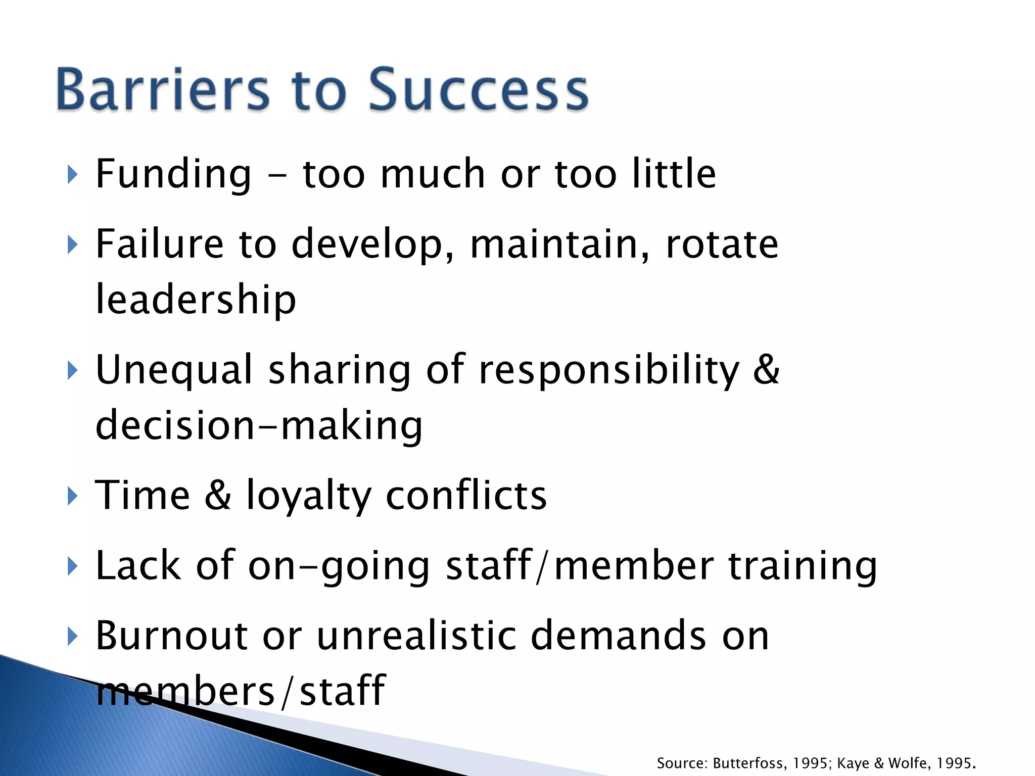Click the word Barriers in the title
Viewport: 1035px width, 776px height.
163,89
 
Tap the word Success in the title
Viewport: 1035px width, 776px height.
479,89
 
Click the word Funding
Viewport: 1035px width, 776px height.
173,174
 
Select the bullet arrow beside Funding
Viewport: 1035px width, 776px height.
73,175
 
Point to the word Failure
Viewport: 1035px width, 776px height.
159,244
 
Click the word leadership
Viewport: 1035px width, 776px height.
196,300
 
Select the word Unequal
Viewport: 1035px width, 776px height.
174,370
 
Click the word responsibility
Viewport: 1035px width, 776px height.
609,370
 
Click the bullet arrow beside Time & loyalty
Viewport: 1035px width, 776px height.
73,496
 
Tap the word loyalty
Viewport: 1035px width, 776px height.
309,496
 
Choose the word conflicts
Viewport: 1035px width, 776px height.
466,495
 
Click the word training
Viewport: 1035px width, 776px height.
803,566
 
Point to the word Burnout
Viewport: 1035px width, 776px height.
171,636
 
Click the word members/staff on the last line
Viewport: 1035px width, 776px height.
241,691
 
